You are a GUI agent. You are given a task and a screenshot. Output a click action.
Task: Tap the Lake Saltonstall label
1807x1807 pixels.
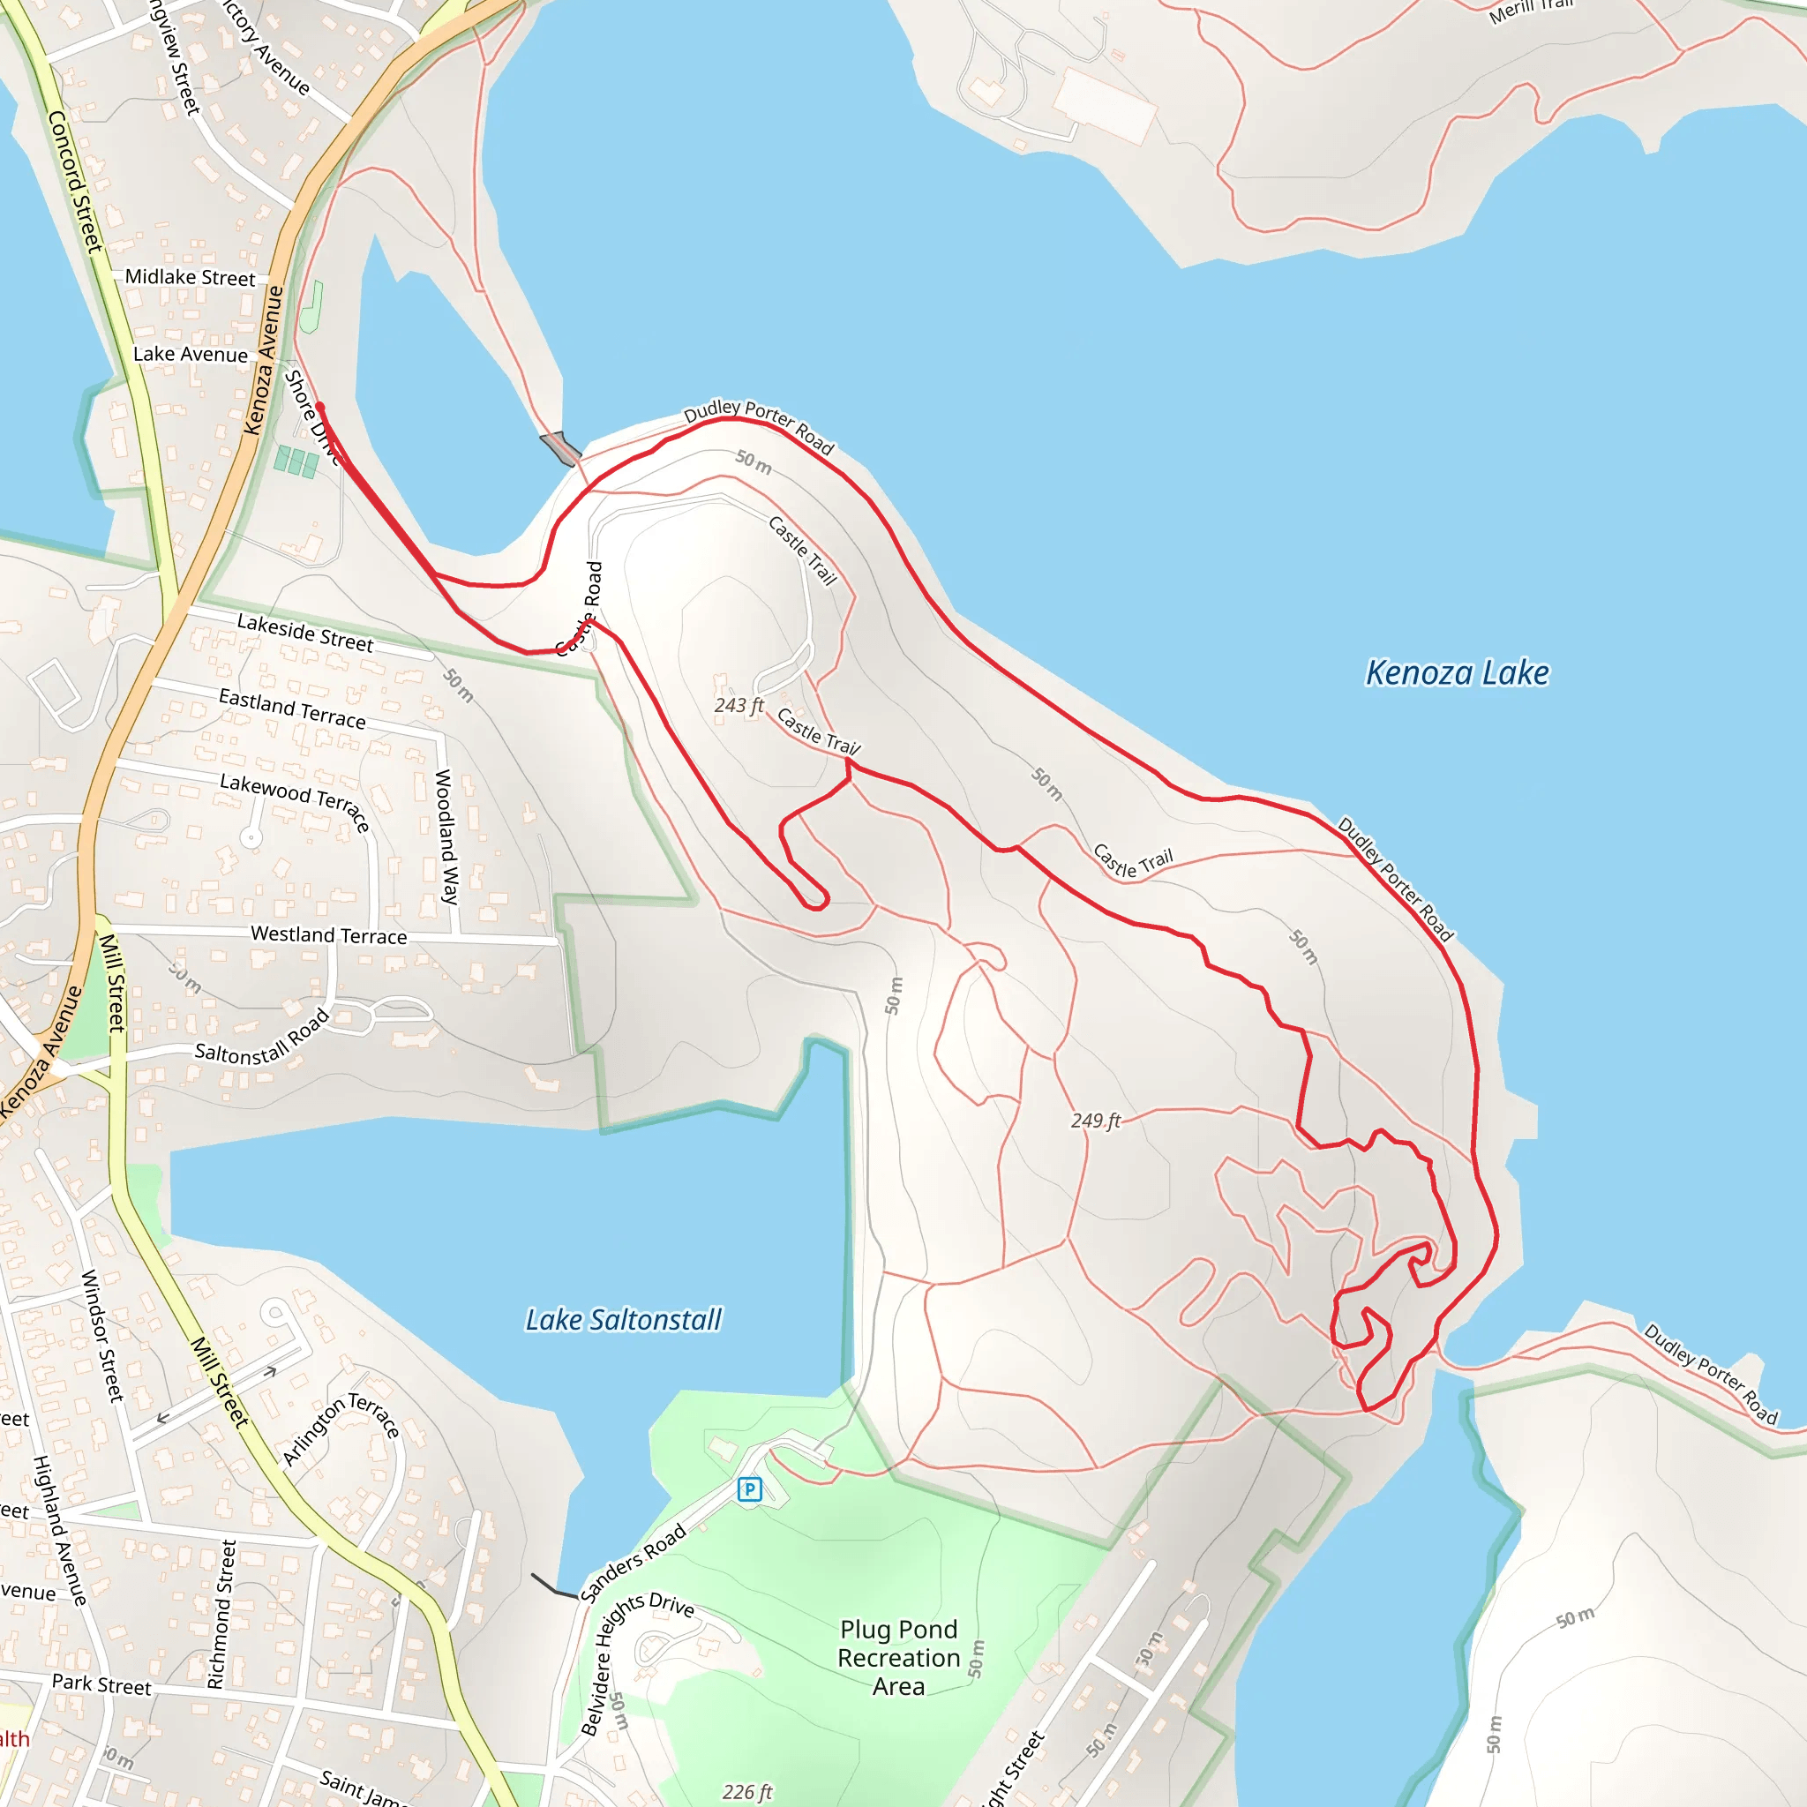tap(623, 1320)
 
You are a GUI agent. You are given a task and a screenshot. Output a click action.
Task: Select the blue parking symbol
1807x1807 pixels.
tap(749, 1489)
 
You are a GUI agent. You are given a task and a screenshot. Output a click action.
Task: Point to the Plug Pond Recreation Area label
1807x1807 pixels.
tap(898, 1657)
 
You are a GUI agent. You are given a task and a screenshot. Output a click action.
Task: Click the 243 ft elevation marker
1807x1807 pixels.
tap(738, 705)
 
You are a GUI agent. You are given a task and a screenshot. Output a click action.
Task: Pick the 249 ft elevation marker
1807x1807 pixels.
tap(1095, 1121)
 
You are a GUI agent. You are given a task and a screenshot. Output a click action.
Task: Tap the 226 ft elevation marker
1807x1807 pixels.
tap(746, 1791)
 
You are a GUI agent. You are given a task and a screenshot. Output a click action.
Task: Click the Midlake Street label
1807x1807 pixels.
tap(190, 278)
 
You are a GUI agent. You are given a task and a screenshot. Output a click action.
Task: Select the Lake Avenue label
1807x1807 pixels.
tap(190, 355)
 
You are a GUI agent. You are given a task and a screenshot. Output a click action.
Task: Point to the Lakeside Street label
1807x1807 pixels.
tap(305, 634)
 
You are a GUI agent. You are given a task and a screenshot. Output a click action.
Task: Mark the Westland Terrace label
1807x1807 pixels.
tap(328, 935)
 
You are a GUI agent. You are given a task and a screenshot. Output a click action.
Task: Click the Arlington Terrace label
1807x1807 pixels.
tap(341, 1428)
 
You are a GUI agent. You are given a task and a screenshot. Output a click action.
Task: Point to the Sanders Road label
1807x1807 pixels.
tap(634, 1563)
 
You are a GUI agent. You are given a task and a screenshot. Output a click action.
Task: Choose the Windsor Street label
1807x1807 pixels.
tap(102, 1336)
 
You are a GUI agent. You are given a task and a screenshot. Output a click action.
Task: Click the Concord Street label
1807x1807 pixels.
tap(74, 181)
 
